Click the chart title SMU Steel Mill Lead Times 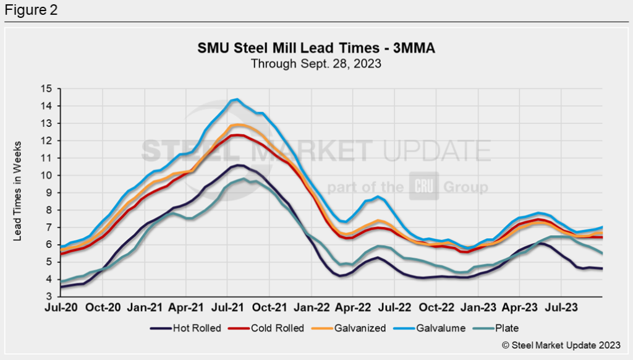(316, 48)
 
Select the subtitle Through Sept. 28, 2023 (315, 62)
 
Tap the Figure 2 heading (30, 11)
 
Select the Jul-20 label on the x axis (61, 306)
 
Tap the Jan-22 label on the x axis (312, 306)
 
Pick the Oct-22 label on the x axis (438, 306)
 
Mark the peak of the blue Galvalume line (236, 99)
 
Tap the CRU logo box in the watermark (424, 186)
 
